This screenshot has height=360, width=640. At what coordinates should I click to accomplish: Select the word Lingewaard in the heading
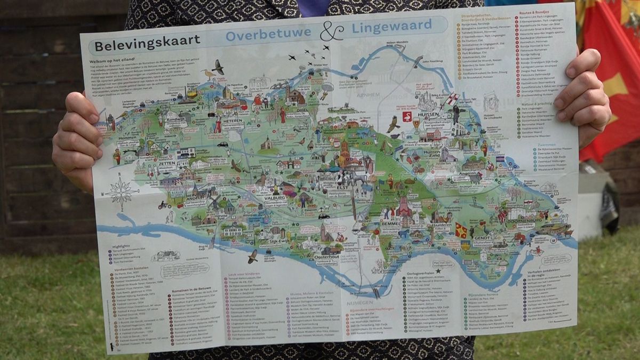point(391,25)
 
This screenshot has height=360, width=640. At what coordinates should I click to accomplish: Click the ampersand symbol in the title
point(331,31)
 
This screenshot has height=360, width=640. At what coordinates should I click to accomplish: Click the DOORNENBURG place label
point(511,219)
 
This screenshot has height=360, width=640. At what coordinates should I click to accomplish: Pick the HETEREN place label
point(233,121)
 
